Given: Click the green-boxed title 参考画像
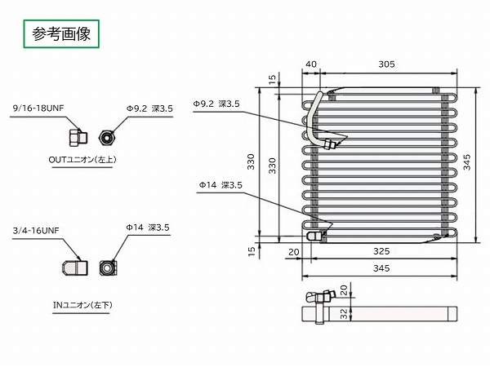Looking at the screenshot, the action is (x=61, y=33).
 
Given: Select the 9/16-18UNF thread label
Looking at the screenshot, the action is (x=38, y=108).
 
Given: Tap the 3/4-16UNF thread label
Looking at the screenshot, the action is (x=36, y=231).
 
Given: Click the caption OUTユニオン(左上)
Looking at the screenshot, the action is (x=82, y=160).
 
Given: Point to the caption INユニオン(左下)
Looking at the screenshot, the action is (x=82, y=304).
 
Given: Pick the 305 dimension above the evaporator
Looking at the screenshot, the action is (x=386, y=64).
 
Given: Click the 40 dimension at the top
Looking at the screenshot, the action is (x=311, y=64).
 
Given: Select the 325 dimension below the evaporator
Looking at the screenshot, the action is (x=381, y=251).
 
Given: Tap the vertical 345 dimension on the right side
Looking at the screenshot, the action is (x=467, y=162).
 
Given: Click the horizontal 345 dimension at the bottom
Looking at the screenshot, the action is (x=381, y=268).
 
